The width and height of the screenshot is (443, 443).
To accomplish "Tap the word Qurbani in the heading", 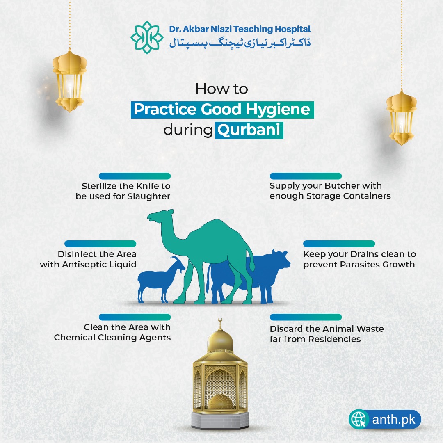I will tap(249, 130).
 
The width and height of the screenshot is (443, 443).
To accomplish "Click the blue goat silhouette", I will tap(158, 279).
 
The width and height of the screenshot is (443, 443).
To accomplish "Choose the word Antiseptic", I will tap(82, 265).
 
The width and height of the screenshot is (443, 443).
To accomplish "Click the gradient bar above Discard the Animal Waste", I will tap(306, 317).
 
